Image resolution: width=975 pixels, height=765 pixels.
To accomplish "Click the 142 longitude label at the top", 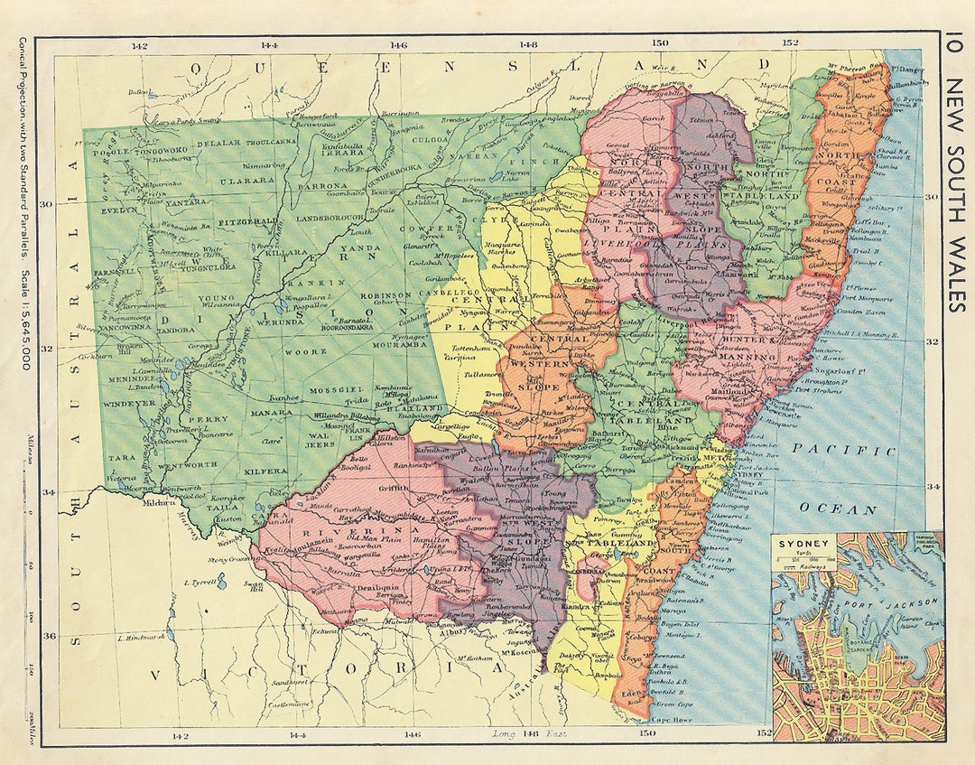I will click(x=139, y=45).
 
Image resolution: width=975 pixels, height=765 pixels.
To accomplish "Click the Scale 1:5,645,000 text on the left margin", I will click(x=24, y=307).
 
